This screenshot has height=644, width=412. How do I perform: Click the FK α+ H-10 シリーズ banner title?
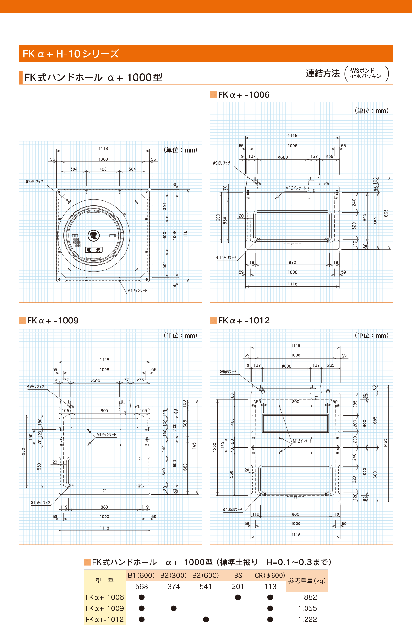pos(71,54)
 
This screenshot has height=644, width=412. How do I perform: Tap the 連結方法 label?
pos(323,74)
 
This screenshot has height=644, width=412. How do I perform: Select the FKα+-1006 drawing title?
pos(243,95)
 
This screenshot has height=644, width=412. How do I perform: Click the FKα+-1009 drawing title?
pos(53,321)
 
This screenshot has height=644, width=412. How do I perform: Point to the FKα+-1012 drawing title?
pos(244,321)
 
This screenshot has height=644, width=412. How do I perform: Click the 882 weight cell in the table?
pos(310,597)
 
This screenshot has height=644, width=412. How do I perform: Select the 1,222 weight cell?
pos(307,619)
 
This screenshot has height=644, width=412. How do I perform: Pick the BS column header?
pos(238,576)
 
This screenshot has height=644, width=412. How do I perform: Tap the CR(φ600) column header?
pos(270,576)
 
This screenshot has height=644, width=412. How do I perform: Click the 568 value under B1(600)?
pos(141,587)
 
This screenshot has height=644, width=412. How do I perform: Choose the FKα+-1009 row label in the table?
pos(105,608)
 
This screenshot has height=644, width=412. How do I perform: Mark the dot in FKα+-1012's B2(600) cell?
pos(206,619)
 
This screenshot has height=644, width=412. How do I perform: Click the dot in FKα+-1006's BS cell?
pos(238,597)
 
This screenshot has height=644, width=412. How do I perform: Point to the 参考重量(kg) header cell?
pos(307,581)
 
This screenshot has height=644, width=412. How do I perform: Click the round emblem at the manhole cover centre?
pos(93,236)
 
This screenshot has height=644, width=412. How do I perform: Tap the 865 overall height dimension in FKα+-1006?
pos(386,213)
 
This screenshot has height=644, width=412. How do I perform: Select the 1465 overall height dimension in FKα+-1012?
pos(385,443)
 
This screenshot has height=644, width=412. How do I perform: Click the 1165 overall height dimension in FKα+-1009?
pos(194,447)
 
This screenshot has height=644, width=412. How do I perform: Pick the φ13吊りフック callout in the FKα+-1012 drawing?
pos(233,510)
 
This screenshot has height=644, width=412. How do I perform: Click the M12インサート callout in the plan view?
pos(137,290)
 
